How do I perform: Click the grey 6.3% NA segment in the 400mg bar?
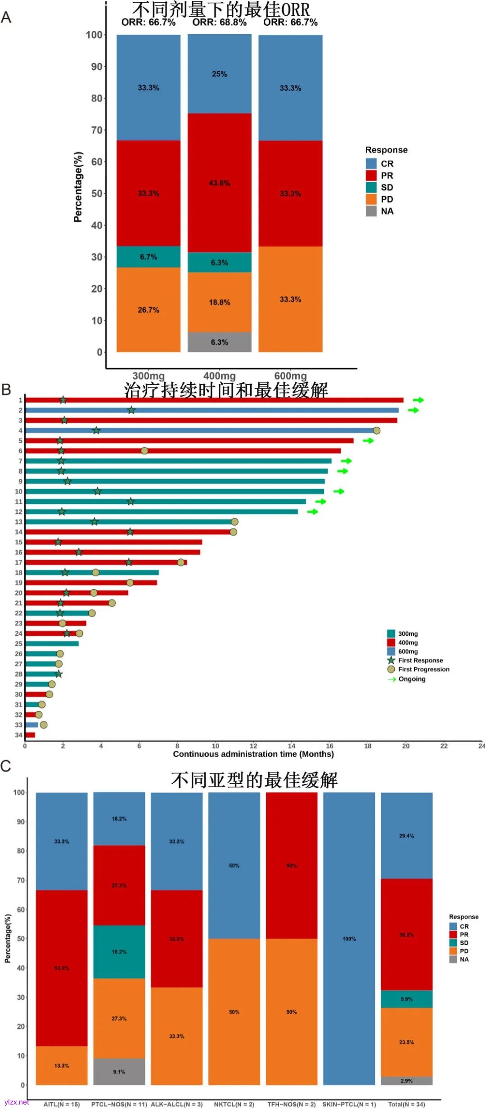point(219,342)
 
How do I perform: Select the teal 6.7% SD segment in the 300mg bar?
point(148,257)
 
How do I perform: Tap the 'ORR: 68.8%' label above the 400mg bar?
point(219,22)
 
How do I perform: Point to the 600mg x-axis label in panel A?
point(290,376)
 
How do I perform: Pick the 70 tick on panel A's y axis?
point(97,130)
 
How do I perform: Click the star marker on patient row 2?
point(131,410)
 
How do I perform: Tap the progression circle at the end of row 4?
point(377,431)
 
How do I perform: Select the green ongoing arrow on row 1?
point(418,400)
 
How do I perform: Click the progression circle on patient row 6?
point(144,451)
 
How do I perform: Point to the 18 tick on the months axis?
point(368,746)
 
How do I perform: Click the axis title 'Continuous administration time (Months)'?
point(253,754)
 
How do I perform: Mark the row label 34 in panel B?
point(18,735)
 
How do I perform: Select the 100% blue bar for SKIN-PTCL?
point(349,938)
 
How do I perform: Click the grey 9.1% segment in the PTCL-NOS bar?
point(119,1071)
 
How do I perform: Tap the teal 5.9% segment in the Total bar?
point(406,999)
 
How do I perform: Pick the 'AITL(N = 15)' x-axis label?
point(61,1104)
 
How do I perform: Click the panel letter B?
point(6,389)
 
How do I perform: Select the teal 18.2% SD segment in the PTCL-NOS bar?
point(119,952)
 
